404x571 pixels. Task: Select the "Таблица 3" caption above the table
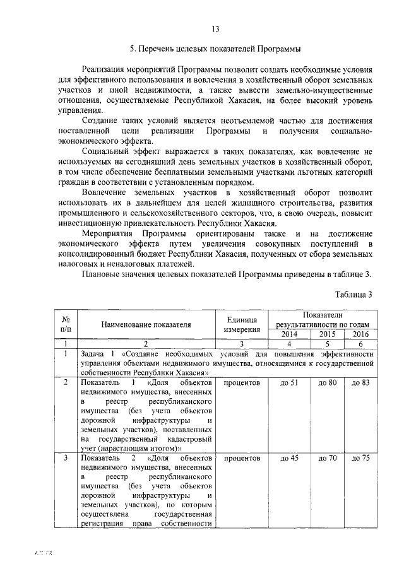tap(353, 293)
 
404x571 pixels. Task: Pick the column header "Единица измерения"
tap(241, 324)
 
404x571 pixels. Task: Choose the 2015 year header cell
tap(327, 334)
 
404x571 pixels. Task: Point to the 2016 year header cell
tap(360, 334)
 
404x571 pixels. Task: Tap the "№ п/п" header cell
tap(66, 324)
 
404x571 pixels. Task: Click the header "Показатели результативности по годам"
tap(322, 319)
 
